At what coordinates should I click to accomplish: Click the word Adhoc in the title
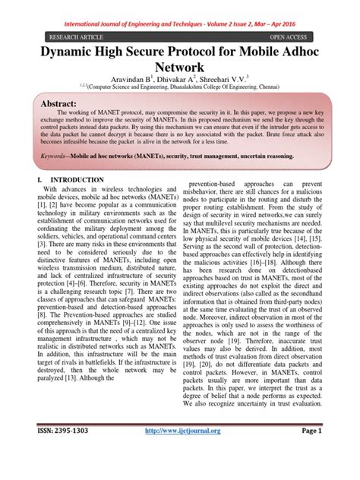(317, 55)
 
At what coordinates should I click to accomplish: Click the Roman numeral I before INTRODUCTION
(39, 200)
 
